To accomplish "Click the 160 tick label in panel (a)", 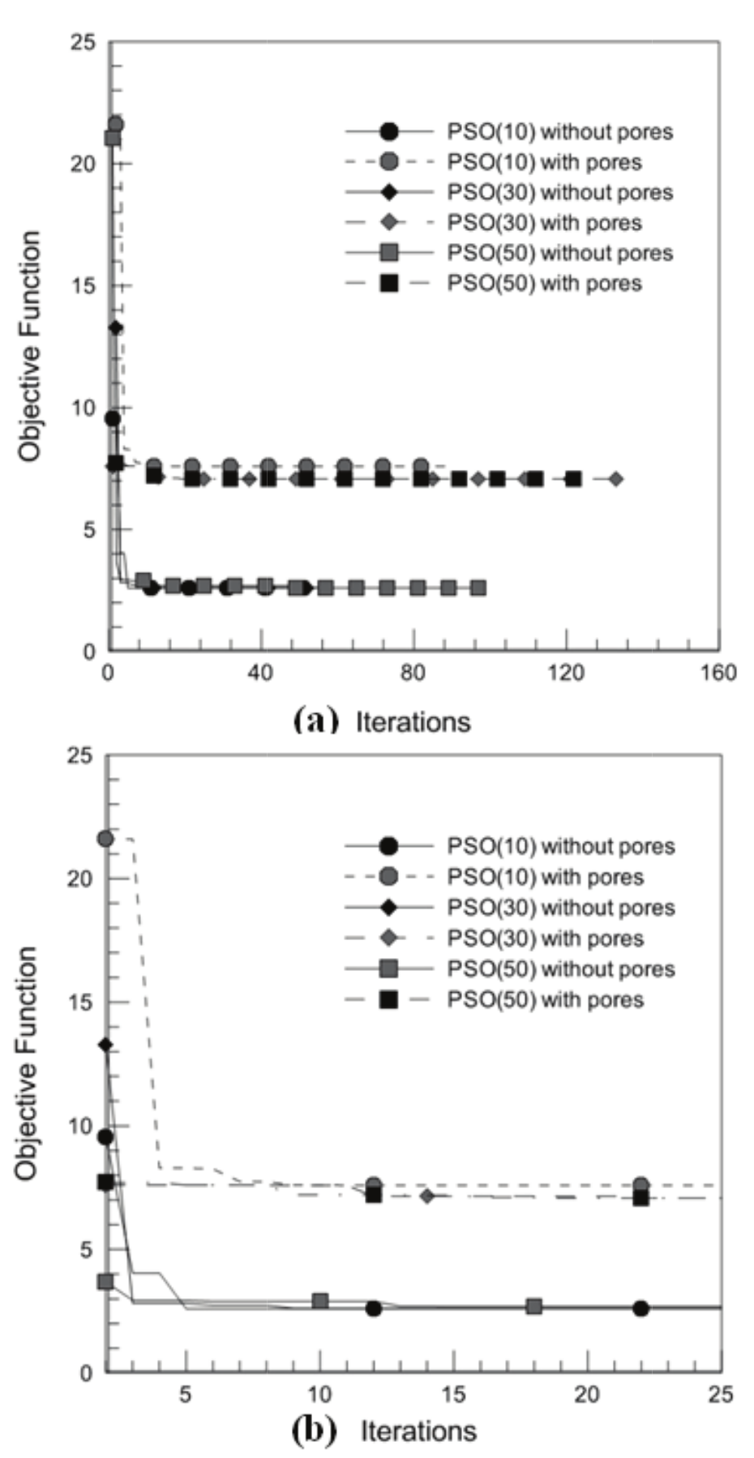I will (718, 673).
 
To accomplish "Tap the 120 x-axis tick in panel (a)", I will (566, 673).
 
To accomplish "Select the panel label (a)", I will (315, 720).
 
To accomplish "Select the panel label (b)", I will (314, 1430).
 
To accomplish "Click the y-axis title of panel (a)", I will (30, 346).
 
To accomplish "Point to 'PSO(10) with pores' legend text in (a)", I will (544, 162).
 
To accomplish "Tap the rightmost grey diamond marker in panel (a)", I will (616, 479).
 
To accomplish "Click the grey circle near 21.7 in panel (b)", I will (105, 838).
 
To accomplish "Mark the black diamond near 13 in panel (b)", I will (105, 1045).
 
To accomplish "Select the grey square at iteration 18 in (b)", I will (533, 1306).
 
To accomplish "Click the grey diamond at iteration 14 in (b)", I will (427, 1196).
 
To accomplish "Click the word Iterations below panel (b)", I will (418, 1431).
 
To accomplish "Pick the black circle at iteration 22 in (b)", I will (640, 1308).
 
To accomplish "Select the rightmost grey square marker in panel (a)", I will (478, 588).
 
